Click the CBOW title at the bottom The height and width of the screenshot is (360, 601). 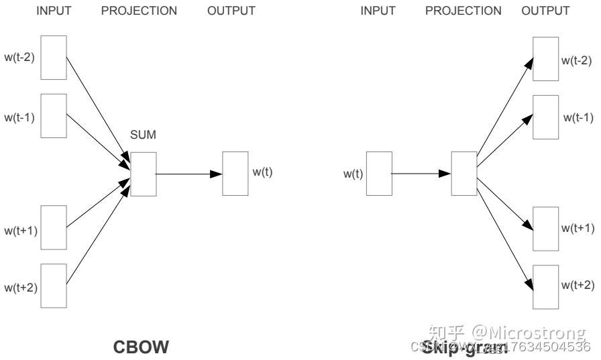pyautogui.click(x=141, y=347)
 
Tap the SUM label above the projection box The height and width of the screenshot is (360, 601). pyautogui.click(x=143, y=135)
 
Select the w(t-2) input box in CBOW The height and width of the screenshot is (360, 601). pyautogui.click(x=54, y=58)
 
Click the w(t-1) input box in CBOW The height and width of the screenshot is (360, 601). pyautogui.click(x=54, y=115)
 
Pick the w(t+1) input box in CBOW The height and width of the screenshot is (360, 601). pyautogui.click(x=54, y=228)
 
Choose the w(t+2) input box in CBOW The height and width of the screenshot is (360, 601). pyautogui.click(x=54, y=286)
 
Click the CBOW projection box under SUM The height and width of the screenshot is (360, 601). pyautogui.click(x=143, y=174)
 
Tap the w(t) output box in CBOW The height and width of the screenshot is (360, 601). pyautogui.click(x=235, y=174)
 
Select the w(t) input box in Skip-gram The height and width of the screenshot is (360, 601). pyautogui.click(x=378, y=174)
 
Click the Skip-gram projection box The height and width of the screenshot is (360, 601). pyautogui.click(x=463, y=174)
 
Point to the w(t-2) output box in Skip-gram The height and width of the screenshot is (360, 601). pyautogui.click(x=545, y=58)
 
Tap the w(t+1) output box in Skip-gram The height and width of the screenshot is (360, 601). pyautogui.click(x=545, y=228)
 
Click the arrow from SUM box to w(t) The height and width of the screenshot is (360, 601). pyautogui.click(x=188, y=174)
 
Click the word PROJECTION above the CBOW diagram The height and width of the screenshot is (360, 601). pyautogui.click(x=139, y=11)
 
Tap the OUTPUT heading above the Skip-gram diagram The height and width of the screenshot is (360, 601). pyautogui.click(x=545, y=11)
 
